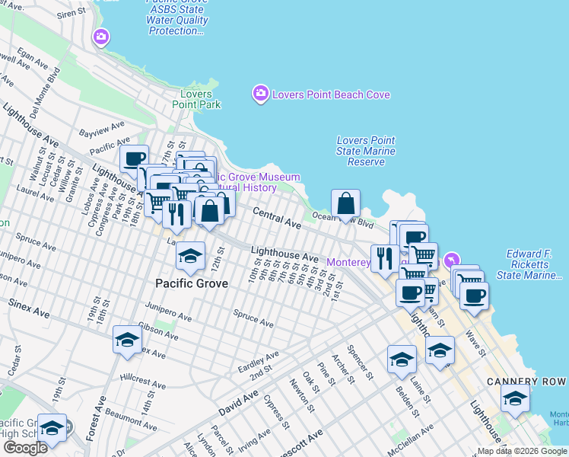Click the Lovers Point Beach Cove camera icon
(x=260, y=94)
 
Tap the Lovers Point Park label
(x=196, y=99)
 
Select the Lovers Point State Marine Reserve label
(x=366, y=151)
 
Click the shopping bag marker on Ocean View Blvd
(x=346, y=204)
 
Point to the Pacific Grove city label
(x=192, y=283)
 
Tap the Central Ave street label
(x=277, y=218)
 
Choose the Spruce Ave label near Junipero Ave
(x=253, y=318)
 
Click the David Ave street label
(x=239, y=402)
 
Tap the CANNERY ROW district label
(x=526, y=380)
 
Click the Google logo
(x=25, y=447)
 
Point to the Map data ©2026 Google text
(x=523, y=451)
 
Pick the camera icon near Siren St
(x=101, y=37)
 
